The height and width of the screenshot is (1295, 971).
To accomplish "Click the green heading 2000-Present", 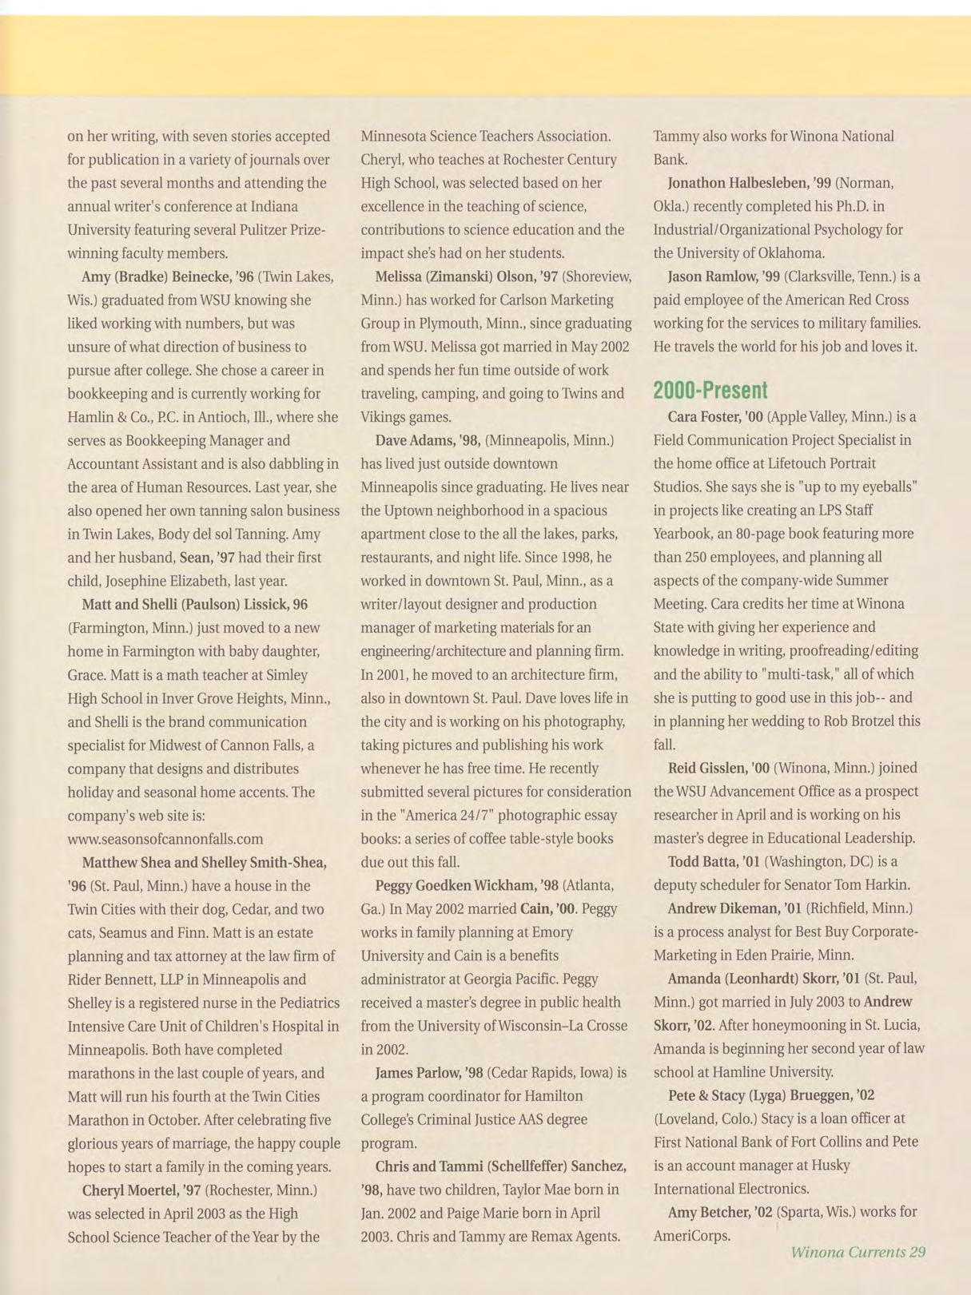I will (x=710, y=391).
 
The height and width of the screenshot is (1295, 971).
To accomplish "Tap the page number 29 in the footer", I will (x=917, y=1252).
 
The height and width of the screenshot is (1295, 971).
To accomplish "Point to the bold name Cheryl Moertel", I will (x=130, y=1190).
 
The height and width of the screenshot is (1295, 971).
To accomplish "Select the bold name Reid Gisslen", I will (x=706, y=768).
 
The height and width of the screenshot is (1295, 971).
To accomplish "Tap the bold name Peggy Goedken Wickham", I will (x=456, y=885).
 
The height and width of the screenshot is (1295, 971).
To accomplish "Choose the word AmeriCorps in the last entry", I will (x=692, y=1236).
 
